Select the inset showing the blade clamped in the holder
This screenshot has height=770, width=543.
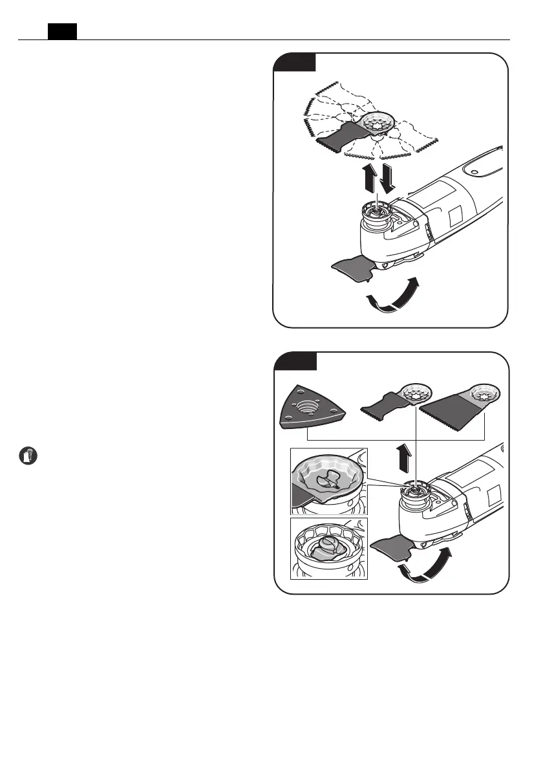[328, 481]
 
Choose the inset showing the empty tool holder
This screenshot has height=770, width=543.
[328, 547]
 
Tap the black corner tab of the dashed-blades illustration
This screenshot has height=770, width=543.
[295, 62]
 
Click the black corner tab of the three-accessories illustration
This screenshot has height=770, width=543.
[295, 361]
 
